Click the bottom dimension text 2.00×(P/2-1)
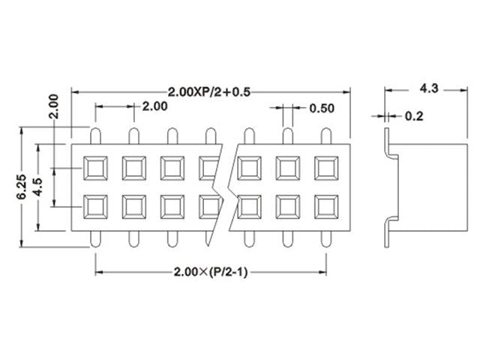(210, 271)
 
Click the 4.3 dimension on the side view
(428, 88)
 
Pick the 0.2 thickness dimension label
(413, 116)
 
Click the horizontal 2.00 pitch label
(154, 106)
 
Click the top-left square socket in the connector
(95, 168)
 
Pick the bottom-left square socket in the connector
(95, 205)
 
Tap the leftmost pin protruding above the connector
(95, 136)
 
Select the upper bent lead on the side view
(390, 145)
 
